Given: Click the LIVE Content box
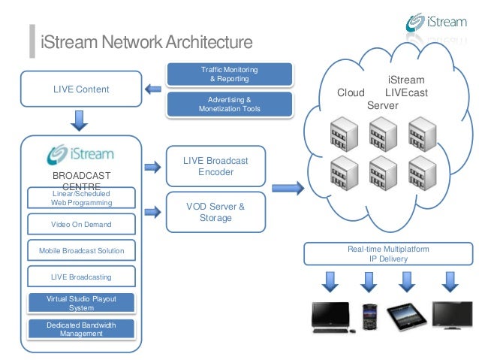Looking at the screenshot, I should tap(81, 89).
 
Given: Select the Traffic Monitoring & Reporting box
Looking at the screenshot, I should tap(230, 74).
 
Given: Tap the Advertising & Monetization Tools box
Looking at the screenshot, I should tap(230, 104).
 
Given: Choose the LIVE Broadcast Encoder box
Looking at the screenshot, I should tap(215, 166).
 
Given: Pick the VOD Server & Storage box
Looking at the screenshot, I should tap(215, 212).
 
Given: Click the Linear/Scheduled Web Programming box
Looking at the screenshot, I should tap(81, 198).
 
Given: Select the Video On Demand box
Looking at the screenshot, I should tap(81, 224).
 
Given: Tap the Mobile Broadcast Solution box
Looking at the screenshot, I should tap(81, 250).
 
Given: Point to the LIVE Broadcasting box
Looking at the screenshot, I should tap(81, 277).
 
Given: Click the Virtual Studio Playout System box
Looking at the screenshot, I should tap(81, 303).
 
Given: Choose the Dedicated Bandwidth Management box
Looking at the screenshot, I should tap(81, 329).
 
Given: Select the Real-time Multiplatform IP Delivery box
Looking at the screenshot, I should tap(388, 253).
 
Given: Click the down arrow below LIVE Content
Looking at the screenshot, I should tap(80, 119).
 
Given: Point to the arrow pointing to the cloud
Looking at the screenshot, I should tap(286, 186).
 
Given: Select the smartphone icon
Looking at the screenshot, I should tap(369, 315).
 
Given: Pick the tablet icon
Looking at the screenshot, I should tap(405, 315).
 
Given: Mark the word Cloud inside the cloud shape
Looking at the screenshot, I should tap(351, 92).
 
